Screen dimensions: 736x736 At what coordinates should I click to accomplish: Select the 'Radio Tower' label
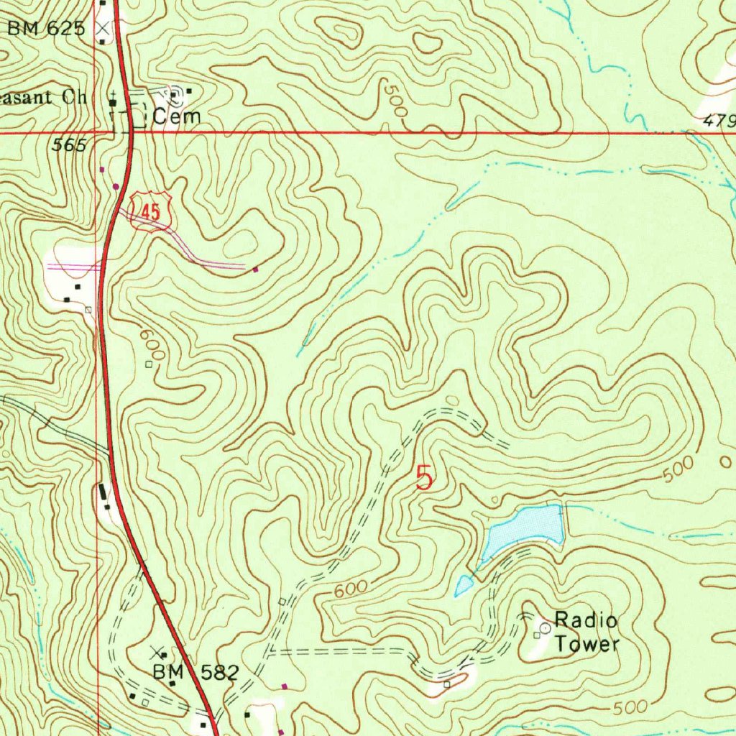coord(586,632)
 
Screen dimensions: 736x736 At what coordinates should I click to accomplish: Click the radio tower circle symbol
coord(545,627)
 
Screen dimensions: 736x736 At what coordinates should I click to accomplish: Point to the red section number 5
coord(425,478)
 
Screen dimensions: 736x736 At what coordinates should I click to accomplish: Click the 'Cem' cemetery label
coord(175,116)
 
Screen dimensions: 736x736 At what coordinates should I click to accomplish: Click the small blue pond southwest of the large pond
coord(464,586)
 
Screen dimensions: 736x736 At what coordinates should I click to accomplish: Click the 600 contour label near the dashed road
coord(350,590)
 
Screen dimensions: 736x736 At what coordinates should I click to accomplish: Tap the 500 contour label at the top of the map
coord(394,101)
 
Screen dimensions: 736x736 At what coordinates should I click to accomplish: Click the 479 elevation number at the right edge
coord(719,121)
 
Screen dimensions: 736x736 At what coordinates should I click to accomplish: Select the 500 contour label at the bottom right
coord(630,707)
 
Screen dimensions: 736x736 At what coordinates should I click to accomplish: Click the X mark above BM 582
coord(157,653)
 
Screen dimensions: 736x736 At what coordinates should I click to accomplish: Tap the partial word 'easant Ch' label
coord(43,98)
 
